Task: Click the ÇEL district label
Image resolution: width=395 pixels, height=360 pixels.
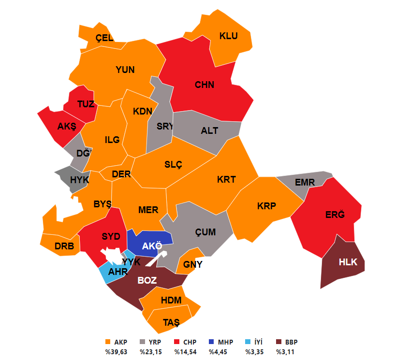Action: coord(104,38)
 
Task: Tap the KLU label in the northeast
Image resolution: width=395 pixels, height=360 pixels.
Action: coord(229,36)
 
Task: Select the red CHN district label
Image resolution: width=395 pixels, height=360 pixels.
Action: coord(205,85)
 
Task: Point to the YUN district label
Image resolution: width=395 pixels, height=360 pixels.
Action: coord(125,70)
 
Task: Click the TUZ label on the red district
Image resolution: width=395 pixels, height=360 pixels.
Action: coord(86,104)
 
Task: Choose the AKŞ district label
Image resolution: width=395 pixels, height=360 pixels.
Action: coord(67,127)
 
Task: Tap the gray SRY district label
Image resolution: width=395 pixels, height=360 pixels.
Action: coord(165,126)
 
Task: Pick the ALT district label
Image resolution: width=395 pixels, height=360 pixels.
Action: coord(209,130)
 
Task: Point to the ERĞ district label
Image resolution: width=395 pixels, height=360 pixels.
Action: coord(335,215)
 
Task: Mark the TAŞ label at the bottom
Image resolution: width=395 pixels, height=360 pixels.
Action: coord(171,323)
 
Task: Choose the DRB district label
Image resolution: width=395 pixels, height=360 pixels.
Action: coord(64,246)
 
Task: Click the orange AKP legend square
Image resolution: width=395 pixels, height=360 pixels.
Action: coord(107,343)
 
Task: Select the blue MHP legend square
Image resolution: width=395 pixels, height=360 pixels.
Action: coord(212,343)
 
